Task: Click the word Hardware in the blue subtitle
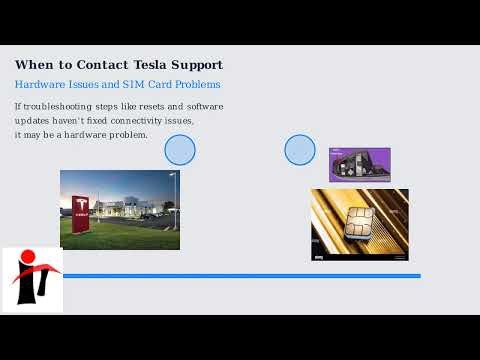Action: [39, 85]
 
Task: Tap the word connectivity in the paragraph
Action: [135, 120]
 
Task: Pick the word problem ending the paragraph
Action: [129, 134]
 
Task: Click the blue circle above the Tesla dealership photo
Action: [180, 150]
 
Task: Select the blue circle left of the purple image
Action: [300, 150]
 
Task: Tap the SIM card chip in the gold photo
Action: [358, 222]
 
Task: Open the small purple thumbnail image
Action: [359, 164]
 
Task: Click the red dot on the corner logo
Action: [28, 257]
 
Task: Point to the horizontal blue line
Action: [240, 275]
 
